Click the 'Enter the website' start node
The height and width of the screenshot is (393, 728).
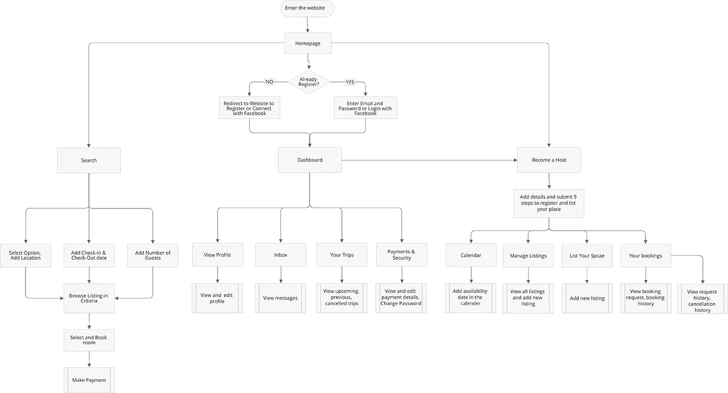click(x=307, y=8)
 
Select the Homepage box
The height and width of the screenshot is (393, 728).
click(x=307, y=43)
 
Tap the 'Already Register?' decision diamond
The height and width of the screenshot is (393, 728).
click(x=308, y=82)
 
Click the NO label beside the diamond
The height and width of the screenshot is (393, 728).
click(x=269, y=81)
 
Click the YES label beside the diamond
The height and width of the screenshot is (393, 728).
click(x=350, y=81)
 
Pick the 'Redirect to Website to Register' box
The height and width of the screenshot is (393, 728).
click(x=249, y=108)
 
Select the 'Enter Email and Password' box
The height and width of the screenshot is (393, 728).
click(x=365, y=108)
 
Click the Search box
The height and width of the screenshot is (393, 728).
click(x=89, y=161)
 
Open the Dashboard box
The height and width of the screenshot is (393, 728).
click(x=309, y=160)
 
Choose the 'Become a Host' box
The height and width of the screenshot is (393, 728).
click(x=549, y=160)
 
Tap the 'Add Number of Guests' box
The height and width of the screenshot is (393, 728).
click(x=152, y=255)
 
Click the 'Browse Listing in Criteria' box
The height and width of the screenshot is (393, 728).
click(x=89, y=298)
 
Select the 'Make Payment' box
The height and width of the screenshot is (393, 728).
click(x=89, y=380)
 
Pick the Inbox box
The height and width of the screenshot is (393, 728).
click(x=280, y=255)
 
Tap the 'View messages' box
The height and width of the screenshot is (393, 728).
click(x=280, y=298)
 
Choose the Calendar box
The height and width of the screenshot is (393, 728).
click(x=471, y=256)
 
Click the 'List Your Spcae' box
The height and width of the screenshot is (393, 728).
click(x=587, y=256)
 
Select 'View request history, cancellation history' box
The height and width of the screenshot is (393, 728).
click(x=701, y=300)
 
